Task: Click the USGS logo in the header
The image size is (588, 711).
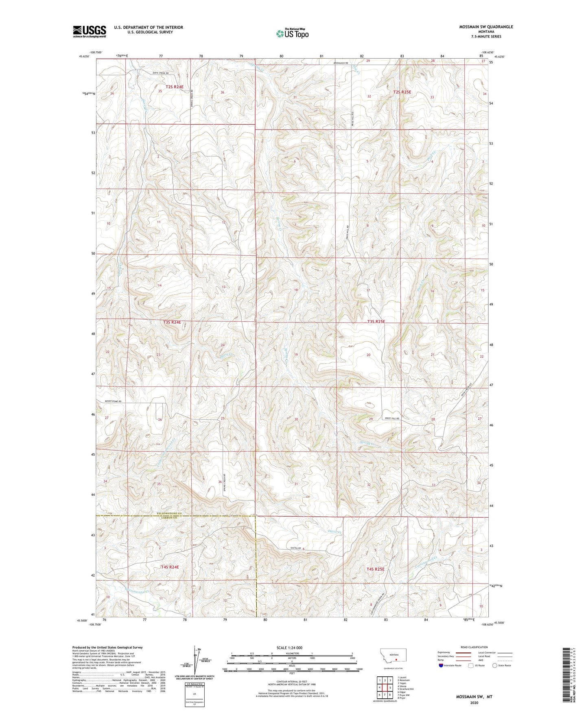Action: click(89, 31)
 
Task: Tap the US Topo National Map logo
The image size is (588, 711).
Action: click(292, 33)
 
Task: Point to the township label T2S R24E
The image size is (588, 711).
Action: click(174, 87)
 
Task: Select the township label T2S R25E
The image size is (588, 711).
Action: click(402, 92)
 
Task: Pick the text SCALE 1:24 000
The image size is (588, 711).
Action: click(289, 647)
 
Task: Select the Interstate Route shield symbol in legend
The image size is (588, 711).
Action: click(441, 665)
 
